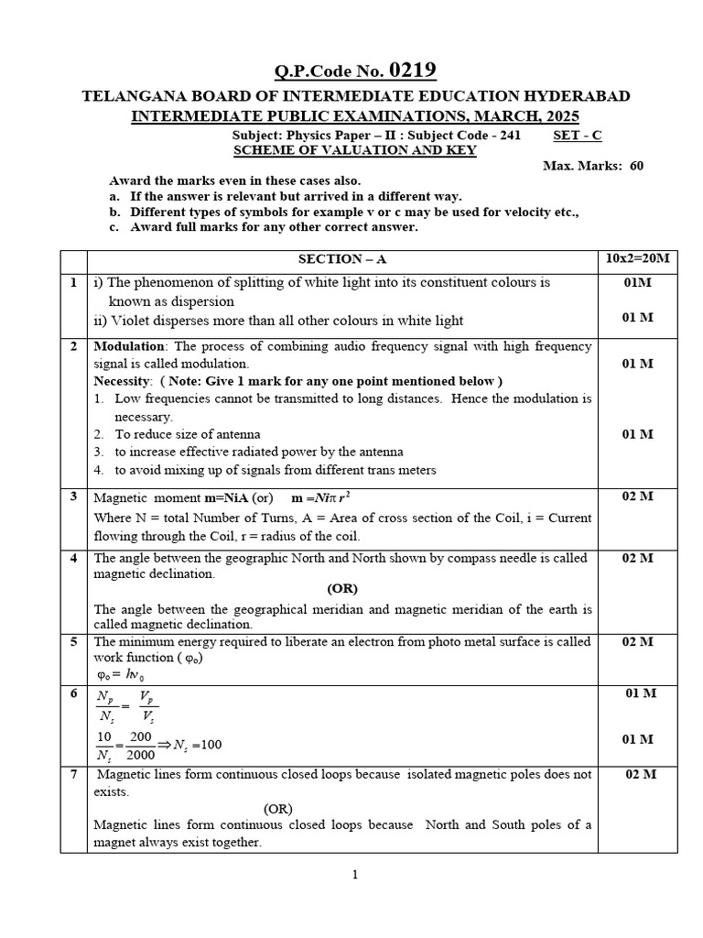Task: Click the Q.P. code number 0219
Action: tap(413, 71)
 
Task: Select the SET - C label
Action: tap(578, 135)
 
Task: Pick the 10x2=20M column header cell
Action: tap(638, 259)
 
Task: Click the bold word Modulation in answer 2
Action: tap(129, 346)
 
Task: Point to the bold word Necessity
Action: tap(123, 380)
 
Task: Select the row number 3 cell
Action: tap(73, 496)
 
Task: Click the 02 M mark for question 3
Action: tap(638, 496)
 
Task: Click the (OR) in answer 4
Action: tap(342, 589)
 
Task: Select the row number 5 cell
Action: tap(73, 641)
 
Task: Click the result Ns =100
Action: tap(195, 745)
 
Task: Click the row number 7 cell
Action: tap(73, 774)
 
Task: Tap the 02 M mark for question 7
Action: tap(638, 774)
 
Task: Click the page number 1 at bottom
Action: tap(355, 875)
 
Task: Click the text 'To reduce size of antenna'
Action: tap(187, 434)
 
